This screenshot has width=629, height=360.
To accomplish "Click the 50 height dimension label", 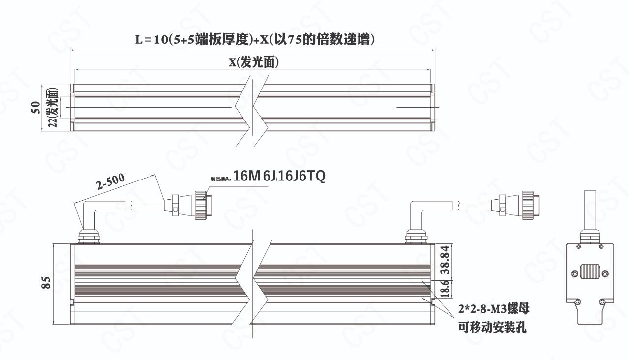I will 35,108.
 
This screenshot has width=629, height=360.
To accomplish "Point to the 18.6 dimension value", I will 445,288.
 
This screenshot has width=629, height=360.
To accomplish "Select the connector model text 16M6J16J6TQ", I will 279,176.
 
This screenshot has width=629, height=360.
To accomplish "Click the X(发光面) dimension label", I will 254,62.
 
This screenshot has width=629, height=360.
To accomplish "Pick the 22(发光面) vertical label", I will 53,108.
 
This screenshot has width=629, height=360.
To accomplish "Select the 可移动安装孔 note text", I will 492,327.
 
